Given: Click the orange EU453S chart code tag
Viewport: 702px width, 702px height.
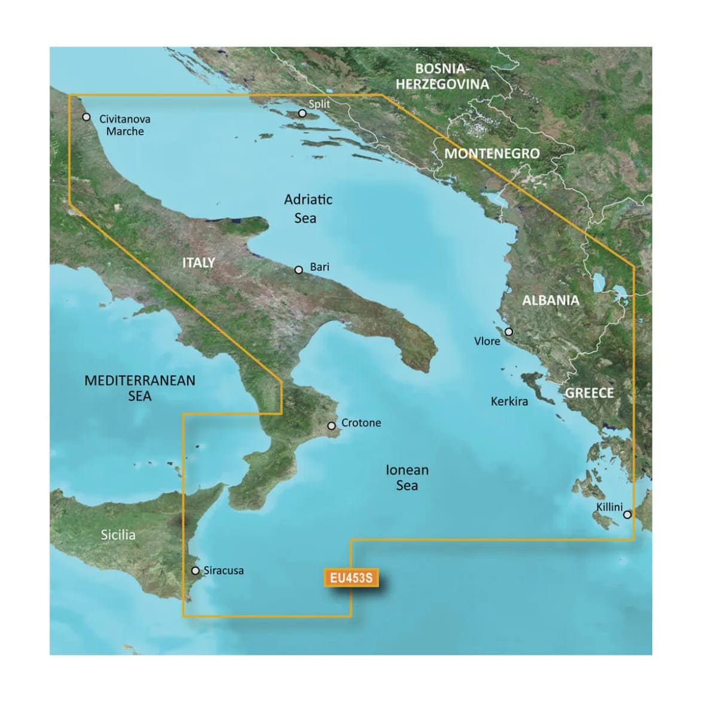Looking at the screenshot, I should tap(350, 578).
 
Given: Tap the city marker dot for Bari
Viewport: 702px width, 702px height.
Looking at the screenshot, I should tap(299, 270).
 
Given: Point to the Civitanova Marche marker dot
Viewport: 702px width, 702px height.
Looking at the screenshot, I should tap(86, 117).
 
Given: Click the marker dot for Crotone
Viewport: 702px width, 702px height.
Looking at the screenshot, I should tap(332, 426).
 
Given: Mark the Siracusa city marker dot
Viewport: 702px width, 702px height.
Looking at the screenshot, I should tap(195, 570).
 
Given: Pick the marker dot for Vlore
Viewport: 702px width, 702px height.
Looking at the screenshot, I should tap(508, 332).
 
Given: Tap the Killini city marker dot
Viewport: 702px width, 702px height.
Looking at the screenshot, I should tap(627, 514).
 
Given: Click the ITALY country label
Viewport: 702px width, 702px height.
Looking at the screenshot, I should tap(199, 262).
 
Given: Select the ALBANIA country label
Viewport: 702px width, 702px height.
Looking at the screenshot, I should tap(551, 300).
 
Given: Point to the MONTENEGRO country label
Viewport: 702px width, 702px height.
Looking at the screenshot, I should tap(492, 154).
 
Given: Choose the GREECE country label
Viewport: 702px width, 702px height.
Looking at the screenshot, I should tap(590, 393).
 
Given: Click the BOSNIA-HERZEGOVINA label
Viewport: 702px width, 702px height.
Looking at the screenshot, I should tap(442, 77).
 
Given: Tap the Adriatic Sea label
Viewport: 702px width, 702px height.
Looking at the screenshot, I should tap(308, 209).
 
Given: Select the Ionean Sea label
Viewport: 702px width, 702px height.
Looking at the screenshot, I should tap(407, 478).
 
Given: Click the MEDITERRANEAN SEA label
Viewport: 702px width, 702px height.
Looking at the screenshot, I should tap(140, 387).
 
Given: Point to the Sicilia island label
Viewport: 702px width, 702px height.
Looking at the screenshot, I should tap(118, 535).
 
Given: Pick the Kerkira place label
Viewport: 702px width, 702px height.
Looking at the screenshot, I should tap(509, 401).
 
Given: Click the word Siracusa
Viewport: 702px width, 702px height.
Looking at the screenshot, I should tap(224, 570).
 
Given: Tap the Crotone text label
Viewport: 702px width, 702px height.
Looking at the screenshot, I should tap(361, 423).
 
